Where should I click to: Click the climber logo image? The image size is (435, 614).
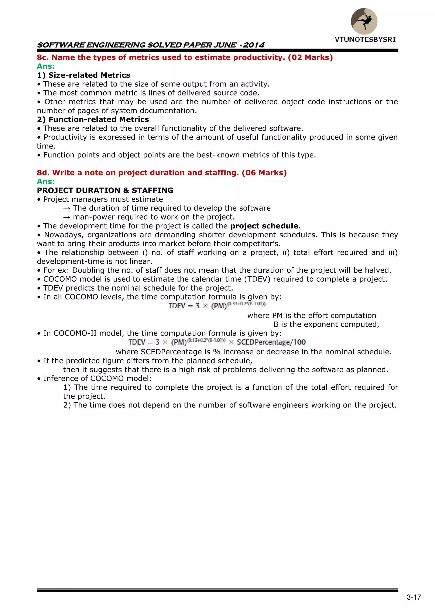click(x=364, y=21)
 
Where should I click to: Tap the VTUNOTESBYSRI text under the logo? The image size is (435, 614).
click(x=365, y=40)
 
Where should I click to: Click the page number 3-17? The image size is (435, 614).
click(x=414, y=597)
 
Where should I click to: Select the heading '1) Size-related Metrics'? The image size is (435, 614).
click(x=83, y=75)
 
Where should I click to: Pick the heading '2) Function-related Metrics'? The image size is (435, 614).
click(x=93, y=120)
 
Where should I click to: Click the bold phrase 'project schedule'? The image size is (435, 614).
click(x=264, y=226)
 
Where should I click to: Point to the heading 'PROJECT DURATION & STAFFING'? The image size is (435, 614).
click(x=105, y=190)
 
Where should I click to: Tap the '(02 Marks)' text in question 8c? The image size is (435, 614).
click(x=310, y=57)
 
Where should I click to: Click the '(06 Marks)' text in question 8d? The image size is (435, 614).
click(x=264, y=173)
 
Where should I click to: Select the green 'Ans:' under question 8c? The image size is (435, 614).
click(x=46, y=66)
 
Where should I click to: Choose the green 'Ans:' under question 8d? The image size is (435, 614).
click(x=46, y=182)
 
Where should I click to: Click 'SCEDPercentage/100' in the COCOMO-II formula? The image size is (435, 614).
click(x=271, y=342)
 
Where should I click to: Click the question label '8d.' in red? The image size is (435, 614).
click(x=43, y=173)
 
